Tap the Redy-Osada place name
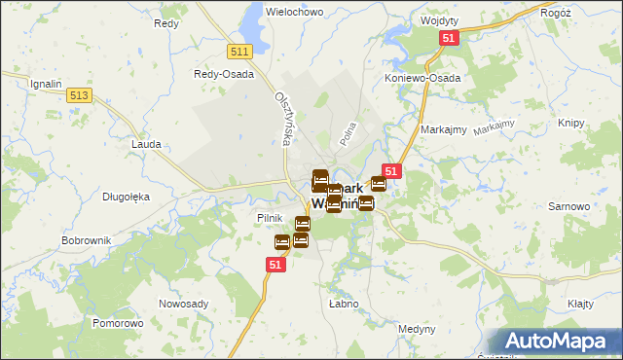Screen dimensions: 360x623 (224, 74)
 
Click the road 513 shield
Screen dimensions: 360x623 (80, 94)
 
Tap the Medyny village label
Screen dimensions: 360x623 (417, 329)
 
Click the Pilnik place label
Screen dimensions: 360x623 (269, 218)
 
